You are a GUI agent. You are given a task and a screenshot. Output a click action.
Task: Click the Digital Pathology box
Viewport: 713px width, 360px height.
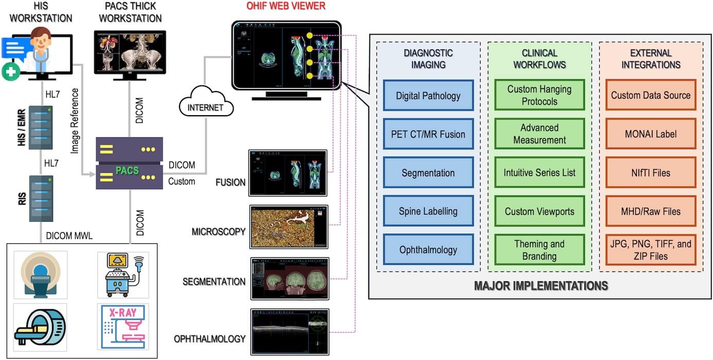(429, 96)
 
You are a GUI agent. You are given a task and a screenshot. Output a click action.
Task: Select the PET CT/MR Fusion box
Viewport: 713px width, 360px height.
(429, 134)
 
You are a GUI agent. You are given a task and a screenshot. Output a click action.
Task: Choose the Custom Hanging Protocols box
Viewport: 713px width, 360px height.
(539, 95)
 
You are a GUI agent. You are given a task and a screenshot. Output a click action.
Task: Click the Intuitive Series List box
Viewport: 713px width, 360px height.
(539, 173)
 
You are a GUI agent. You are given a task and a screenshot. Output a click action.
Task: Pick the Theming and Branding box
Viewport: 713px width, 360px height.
(539, 250)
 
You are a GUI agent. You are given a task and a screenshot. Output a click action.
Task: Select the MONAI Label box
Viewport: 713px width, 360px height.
(650, 134)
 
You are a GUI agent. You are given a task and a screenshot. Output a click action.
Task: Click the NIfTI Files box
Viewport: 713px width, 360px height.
(650, 173)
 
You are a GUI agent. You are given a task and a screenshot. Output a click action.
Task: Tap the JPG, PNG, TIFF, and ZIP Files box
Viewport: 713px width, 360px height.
(650, 250)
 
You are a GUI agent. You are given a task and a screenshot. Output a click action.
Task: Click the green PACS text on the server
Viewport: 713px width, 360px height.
(127, 170)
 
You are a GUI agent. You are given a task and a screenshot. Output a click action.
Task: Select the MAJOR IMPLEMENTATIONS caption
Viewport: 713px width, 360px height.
(541, 285)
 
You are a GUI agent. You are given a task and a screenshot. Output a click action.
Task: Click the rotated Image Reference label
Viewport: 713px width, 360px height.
(76, 121)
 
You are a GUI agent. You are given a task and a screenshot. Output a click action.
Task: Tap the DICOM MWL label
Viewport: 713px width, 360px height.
(69, 236)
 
